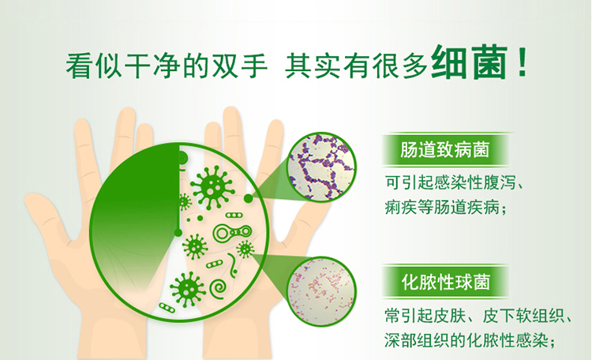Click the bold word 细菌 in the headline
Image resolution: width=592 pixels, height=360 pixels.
469,62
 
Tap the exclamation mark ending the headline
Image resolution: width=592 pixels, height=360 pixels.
523,62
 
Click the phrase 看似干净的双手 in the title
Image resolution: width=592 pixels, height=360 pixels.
167,66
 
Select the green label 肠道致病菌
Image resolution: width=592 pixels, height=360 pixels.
445,149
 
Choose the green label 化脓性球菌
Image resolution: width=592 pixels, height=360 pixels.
445,282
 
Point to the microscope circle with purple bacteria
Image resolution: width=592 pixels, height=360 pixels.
322,167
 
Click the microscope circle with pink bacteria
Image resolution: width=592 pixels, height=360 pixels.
322,291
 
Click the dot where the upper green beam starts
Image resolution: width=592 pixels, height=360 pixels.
248,198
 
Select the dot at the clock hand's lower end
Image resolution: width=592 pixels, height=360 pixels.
178,233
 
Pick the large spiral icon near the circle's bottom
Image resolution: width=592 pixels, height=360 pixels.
219,289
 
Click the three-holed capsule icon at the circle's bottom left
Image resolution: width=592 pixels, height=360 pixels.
167,308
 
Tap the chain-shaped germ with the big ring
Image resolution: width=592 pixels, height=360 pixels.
232,232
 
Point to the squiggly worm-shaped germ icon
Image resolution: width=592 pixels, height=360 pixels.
232,265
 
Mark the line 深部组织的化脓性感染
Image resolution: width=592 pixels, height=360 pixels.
466,340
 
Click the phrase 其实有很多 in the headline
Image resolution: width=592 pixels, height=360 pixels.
356,66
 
